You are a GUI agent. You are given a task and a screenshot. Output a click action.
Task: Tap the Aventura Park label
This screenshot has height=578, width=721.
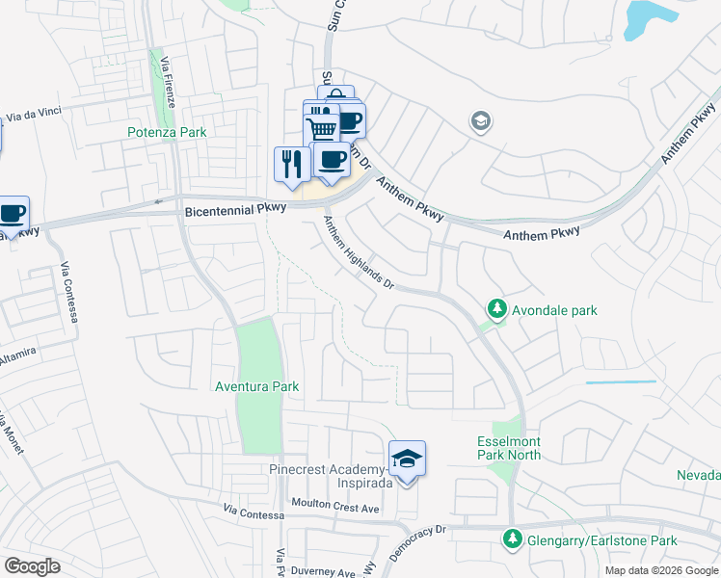point(256,386)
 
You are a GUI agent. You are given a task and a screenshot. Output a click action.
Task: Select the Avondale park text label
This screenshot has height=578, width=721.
point(554,310)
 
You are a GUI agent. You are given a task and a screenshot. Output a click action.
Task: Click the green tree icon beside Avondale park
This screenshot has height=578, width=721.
point(496,309)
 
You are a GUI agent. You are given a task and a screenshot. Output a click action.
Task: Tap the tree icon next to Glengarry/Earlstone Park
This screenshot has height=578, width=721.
point(513,539)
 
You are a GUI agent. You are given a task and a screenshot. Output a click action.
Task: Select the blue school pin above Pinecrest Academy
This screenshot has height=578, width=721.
point(407,460)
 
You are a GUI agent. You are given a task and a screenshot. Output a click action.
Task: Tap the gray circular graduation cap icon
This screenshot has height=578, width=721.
point(479,121)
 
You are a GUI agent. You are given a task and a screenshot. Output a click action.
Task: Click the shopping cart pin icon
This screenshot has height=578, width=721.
point(322,129)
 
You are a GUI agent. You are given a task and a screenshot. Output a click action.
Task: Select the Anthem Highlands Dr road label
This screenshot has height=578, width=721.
point(359,252)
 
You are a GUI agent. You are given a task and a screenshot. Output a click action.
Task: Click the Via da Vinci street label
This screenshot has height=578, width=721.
point(34,114)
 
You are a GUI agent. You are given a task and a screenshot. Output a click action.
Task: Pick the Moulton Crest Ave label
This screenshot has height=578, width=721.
point(337,507)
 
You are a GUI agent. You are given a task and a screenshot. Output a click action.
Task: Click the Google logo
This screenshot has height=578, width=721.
point(33,566)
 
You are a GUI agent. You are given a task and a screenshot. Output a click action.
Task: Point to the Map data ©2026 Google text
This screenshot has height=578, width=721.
point(660,570)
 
